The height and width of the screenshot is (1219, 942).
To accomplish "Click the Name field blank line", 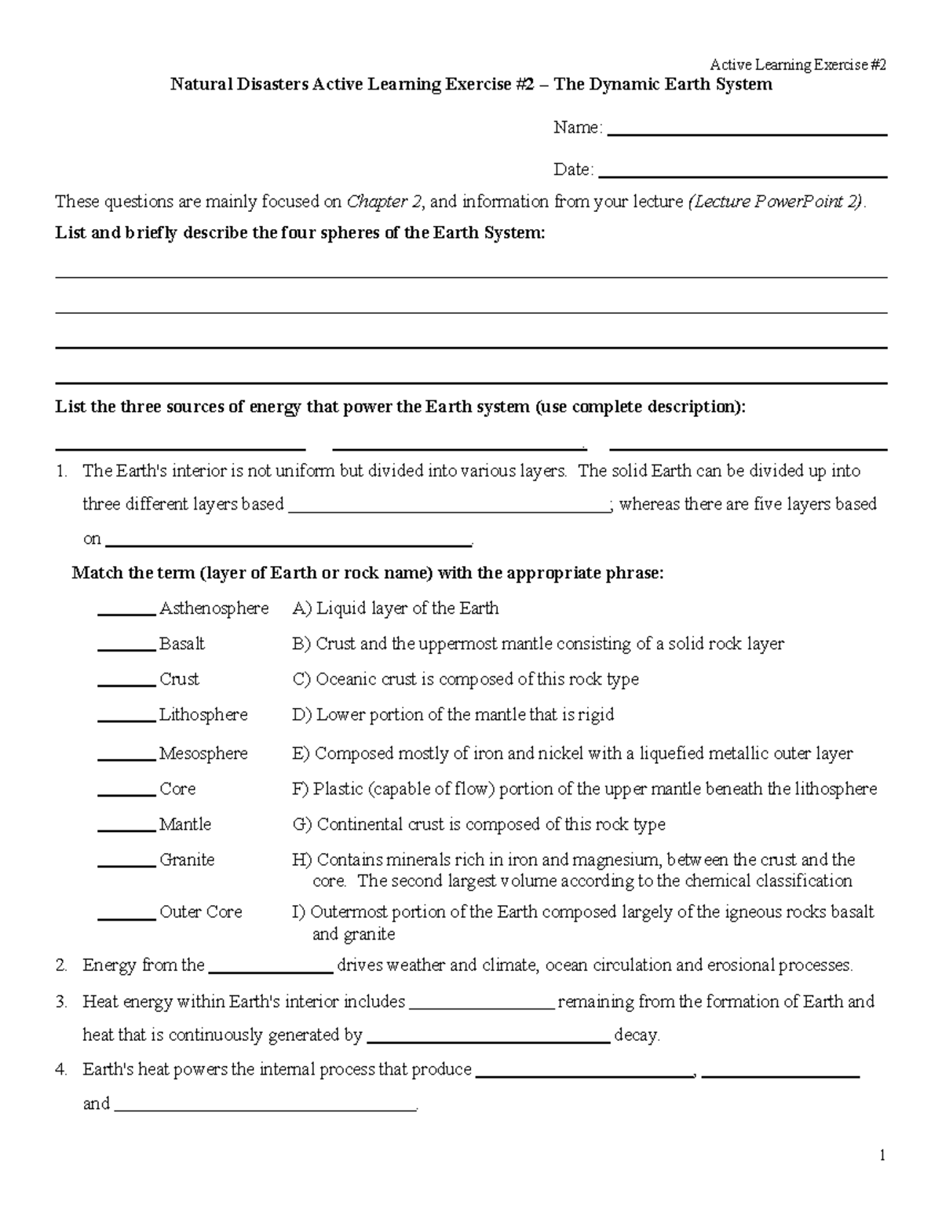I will (747, 133).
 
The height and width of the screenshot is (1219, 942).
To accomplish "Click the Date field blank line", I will (742, 175).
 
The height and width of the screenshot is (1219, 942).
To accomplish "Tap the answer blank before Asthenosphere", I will (126, 614).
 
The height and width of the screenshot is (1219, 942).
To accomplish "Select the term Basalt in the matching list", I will (181, 644).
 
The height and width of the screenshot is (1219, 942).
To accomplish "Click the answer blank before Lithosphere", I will (126, 720).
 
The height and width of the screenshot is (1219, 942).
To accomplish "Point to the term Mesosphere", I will (203, 754).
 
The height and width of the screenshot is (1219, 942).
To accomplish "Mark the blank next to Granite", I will (126, 865).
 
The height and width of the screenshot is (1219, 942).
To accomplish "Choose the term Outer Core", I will (200, 912).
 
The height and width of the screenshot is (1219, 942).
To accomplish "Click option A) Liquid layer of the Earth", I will (396, 608).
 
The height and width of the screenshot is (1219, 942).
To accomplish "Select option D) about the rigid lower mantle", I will (453, 715).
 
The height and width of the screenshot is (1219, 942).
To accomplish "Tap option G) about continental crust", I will (479, 824).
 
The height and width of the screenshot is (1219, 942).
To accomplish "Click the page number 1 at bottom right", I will (882, 1155).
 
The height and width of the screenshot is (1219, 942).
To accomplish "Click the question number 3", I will (60, 1002).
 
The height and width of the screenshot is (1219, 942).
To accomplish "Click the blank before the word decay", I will (488, 1041).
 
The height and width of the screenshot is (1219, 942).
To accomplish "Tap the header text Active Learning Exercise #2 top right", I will (798, 65).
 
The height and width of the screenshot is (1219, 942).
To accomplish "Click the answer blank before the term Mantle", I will (126, 830).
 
